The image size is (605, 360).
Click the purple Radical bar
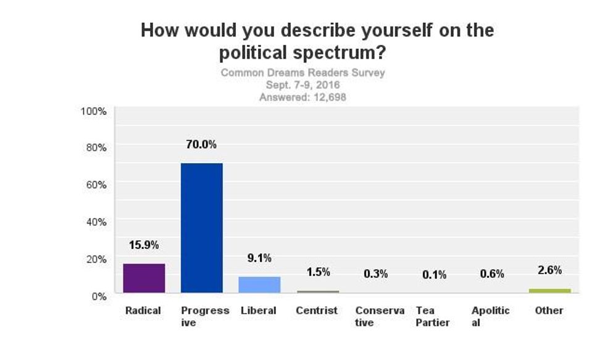[144, 278]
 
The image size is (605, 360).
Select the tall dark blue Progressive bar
[201, 228]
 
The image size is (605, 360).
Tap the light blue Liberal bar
[259, 285]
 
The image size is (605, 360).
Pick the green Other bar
[549, 290]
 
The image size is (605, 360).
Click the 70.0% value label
[201, 144]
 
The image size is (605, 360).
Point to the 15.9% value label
[144, 245]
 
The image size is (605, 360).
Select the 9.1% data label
[259, 258]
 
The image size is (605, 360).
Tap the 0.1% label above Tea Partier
[434, 275]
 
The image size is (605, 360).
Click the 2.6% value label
[549, 270]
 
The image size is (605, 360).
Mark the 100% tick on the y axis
[94, 111]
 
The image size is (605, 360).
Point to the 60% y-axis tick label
[96, 185]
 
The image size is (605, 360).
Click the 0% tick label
[99, 296]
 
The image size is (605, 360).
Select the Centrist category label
[317, 311]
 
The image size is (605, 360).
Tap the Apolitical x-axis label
[490, 316]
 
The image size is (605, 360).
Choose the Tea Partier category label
[433, 316]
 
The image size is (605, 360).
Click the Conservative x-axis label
[380, 316]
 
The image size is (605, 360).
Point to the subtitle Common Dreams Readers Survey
[302, 73]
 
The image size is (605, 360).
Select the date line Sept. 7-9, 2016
[302, 85]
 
